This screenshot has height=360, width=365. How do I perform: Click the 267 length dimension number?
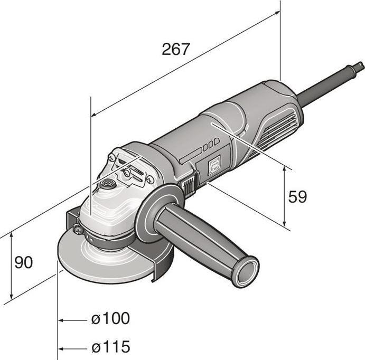(175, 49)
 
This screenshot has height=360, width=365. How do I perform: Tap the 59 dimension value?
(297, 197)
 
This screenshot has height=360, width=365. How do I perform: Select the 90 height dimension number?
(23, 262)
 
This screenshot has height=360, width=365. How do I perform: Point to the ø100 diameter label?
(110, 318)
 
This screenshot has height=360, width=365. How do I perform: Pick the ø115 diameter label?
(110, 347)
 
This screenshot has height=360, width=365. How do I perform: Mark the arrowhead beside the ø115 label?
(63, 348)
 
